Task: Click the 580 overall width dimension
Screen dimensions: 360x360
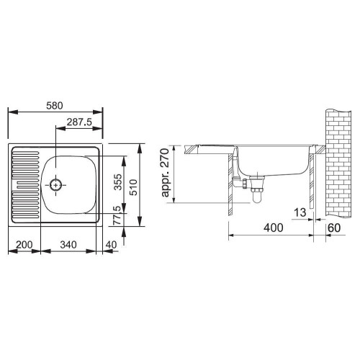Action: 55,106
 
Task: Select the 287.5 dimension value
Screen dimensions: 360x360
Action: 79,122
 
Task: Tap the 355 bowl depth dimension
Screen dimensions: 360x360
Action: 118,182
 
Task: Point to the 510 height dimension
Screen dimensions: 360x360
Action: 132,187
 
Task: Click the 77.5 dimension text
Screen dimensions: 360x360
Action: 117,215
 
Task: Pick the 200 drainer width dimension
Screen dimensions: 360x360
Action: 24,245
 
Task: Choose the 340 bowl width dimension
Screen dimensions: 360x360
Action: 68,245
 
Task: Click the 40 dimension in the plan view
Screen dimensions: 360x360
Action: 111,245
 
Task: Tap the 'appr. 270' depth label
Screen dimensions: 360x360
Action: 165,173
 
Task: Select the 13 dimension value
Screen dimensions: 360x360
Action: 300,212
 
